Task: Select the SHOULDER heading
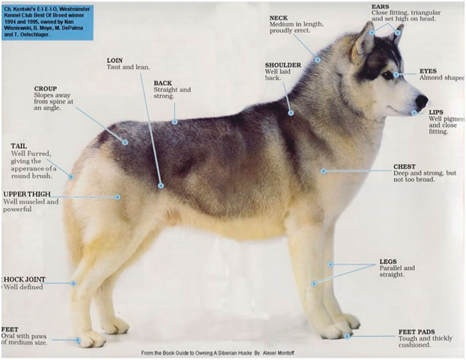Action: click(282, 64)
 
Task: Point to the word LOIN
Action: click(115, 59)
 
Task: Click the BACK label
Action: click(163, 83)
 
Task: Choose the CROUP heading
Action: click(45, 88)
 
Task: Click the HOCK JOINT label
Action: click(25, 279)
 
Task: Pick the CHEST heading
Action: click(405, 166)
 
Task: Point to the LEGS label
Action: click(388, 261)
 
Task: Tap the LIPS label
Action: click(435, 112)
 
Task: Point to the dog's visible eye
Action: click(388, 75)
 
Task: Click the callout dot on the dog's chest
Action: click(324, 171)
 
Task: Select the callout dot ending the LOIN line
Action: click(160, 185)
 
